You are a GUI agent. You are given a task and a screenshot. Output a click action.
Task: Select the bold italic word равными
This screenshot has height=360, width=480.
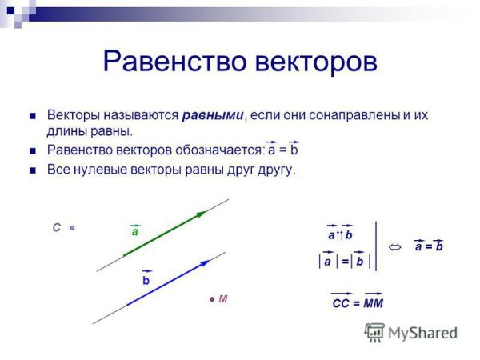pyautogui.click(x=213, y=115)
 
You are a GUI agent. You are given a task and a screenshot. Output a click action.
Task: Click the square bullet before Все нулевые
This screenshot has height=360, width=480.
pyautogui.click(x=33, y=170)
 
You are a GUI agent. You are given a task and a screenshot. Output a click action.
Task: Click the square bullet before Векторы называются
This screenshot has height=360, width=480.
pyautogui.click(x=33, y=115)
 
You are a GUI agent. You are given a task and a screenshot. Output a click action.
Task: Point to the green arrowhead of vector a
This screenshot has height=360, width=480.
pyautogui.click(x=201, y=214)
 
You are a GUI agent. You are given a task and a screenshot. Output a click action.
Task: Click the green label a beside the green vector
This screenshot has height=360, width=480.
pyautogui.click(x=135, y=232)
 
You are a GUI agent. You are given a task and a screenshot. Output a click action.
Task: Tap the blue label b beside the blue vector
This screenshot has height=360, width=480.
pyautogui.click(x=146, y=281)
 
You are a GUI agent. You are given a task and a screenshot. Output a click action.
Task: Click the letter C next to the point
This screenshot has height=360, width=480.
pyautogui.click(x=57, y=228)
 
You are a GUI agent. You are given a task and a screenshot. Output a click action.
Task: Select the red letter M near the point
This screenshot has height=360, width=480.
pyautogui.click(x=223, y=299)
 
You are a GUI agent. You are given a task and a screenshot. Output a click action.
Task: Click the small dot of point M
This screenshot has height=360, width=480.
pyautogui.click(x=212, y=299)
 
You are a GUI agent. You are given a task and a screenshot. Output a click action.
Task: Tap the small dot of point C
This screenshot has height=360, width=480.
pyautogui.click(x=72, y=228)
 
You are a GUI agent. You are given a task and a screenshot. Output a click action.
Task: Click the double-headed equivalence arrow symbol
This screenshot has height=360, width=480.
pyautogui.click(x=394, y=246)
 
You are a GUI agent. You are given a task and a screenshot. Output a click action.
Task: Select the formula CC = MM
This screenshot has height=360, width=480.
pyautogui.click(x=357, y=303)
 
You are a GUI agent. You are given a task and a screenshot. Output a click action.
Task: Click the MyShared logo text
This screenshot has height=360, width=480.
pyautogui.click(x=422, y=332)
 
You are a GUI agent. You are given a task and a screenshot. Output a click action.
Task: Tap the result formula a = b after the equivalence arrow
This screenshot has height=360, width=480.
pyautogui.click(x=429, y=246)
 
